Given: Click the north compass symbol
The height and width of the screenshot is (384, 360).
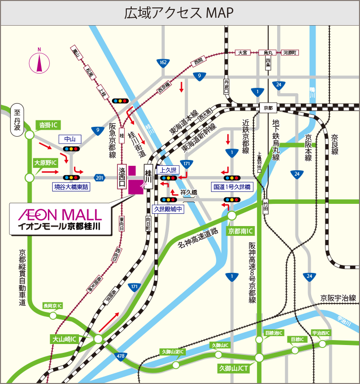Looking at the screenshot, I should pos(39,62).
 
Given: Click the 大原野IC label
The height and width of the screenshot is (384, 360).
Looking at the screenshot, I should pos(45,162).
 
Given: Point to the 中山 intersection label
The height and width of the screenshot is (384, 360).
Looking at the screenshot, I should pos(70,139).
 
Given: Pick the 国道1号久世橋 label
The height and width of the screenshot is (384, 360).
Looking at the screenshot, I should pos(232,187).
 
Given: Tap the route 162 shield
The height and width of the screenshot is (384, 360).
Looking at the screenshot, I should pos(163,62).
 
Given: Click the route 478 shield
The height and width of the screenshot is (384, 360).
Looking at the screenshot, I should pos(121,355).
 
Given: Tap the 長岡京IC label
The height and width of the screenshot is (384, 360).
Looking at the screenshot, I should pos(53,306).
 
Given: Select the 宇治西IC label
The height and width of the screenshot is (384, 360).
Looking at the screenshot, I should pos(321,333).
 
